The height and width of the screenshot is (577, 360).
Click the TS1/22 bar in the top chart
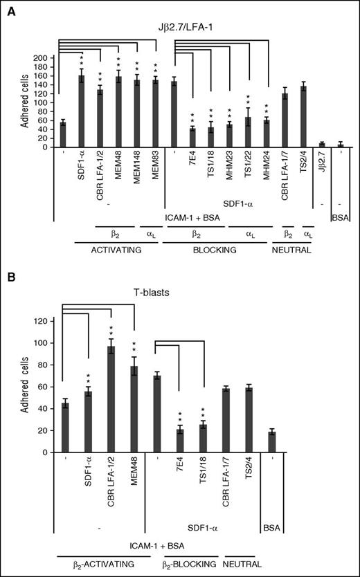pyautogui.click(x=247, y=131)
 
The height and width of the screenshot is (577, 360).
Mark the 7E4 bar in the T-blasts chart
pyautogui.click(x=179, y=441)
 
